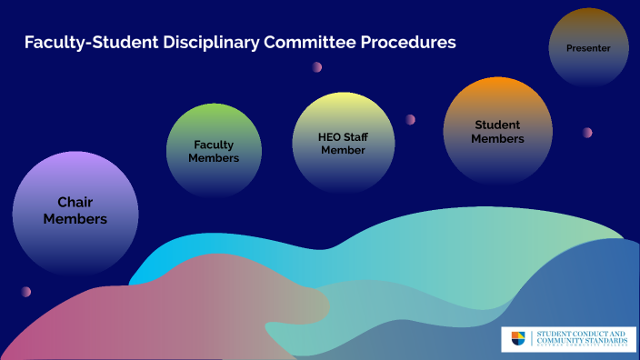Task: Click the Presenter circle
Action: click(587, 48)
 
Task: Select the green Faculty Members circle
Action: click(214, 150)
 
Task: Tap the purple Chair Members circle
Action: click(75, 212)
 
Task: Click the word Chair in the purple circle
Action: click(75, 203)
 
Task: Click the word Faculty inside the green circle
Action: click(214, 145)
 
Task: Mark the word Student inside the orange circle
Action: click(497, 125)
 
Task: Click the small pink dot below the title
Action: click(317, 67)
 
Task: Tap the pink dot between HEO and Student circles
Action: click(410, 119)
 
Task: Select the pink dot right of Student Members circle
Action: click(587, 133)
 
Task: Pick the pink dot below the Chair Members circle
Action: click(26, 292)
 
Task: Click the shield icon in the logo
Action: click(518, 339)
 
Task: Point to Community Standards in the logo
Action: click(582, 340)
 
